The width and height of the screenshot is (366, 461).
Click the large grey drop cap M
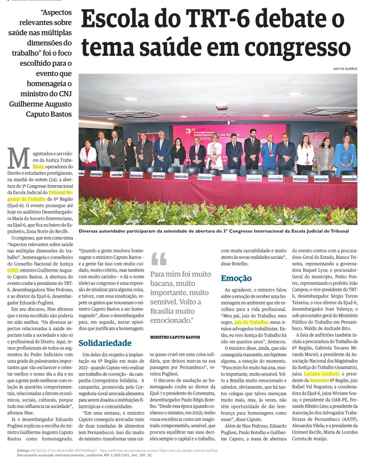click(x=19, y=158)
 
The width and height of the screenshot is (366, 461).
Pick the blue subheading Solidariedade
click(x=105, y=343)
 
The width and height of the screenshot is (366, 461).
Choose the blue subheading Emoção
click(x=236, y=278)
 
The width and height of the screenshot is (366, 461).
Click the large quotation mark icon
click(x=159, y=259)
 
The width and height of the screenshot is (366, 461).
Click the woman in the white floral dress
click(x=215, y=152)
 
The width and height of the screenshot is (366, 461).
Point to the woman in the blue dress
click(x=346, y=153)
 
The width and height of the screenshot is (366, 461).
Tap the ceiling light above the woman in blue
click(x=296, y=94)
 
